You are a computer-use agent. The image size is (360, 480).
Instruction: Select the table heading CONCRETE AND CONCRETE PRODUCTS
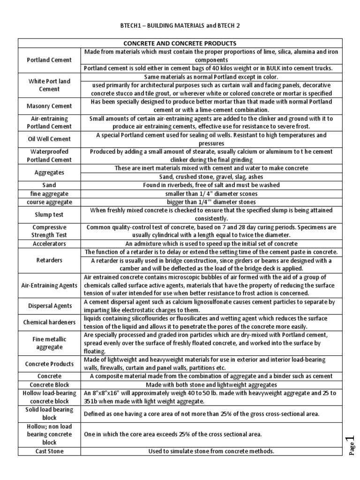(180, 43)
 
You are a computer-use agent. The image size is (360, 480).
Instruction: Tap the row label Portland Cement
(49, 60)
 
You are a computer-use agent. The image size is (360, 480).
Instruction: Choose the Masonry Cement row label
(49, 106)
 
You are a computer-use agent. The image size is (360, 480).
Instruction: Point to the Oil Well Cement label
(49, 139)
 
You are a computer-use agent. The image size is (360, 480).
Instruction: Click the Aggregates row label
(49, 172)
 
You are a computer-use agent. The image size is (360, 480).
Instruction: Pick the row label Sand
(49, 185)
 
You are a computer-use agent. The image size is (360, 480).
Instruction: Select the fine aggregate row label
(49, 194)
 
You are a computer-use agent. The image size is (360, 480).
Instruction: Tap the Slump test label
(49, 215)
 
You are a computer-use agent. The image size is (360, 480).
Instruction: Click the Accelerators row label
(49, 244)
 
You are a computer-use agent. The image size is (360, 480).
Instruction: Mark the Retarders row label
(49, 260)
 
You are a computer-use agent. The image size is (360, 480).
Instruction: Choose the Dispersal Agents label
(49, 306)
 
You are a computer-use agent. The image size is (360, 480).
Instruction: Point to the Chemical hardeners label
(49, 322)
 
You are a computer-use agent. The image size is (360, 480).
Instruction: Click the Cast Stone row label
(49, 451)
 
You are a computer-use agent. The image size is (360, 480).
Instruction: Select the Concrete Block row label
(49, 384)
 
